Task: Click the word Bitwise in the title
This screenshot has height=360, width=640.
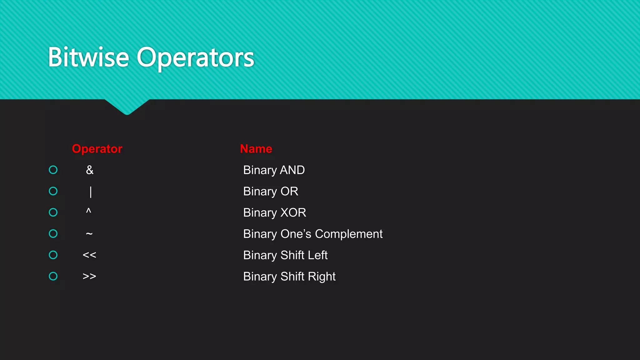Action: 88,57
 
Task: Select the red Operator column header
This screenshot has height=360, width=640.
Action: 97,149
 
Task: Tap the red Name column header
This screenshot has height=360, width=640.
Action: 256,149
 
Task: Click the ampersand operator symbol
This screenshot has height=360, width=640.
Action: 90,170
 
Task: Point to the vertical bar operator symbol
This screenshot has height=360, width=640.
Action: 91,192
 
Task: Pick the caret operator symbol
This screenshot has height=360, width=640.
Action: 89,211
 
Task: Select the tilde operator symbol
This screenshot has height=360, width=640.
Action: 89,233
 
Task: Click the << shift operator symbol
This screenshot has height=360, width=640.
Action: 89,255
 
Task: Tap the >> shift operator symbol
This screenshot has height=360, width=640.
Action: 89,276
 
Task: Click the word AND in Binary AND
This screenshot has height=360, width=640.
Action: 292,170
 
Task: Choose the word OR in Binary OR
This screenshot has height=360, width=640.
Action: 289,191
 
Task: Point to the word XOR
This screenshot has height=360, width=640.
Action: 293,212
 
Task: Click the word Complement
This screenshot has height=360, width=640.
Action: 349,234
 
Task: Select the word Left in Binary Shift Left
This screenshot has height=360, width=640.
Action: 317,255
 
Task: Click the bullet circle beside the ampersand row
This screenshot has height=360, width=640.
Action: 53,170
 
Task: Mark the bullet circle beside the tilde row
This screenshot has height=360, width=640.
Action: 53,233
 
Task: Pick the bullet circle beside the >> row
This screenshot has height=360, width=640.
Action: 53,276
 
